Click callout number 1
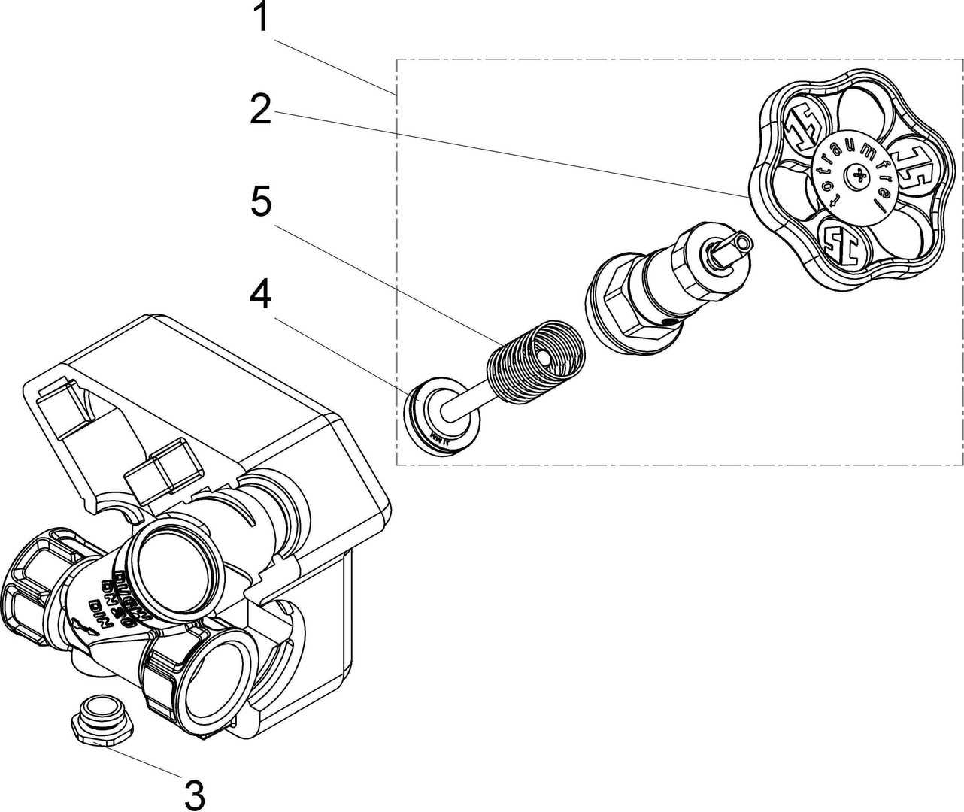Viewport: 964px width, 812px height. pyautogui.click(x=261, y=18)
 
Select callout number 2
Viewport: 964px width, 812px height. pyautogui.click(x=261, y=111)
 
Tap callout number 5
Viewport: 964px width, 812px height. pyautogui.click(x=261, y=203)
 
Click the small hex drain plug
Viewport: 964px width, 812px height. pyautogui.click(x=102, y=720)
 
